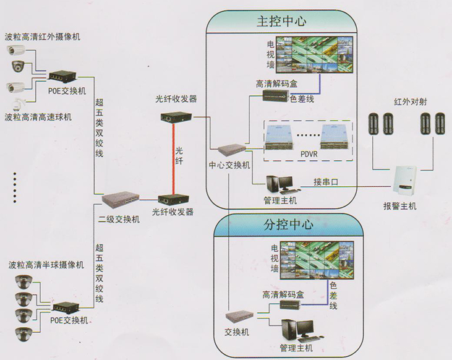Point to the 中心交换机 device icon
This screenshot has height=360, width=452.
pos(229,150)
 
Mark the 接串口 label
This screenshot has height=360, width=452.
pos(326,182)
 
